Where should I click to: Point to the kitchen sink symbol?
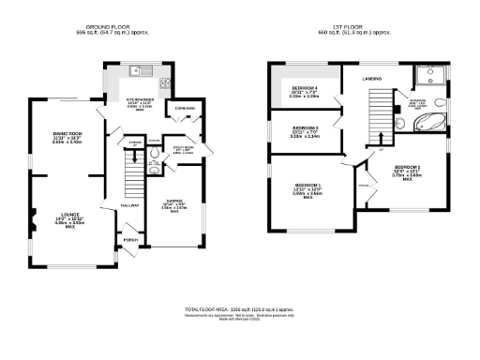138,70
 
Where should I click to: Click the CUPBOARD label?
186,109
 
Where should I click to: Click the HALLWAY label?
130,203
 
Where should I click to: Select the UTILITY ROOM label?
183,146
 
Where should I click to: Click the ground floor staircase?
135,173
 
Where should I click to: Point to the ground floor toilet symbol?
154,171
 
